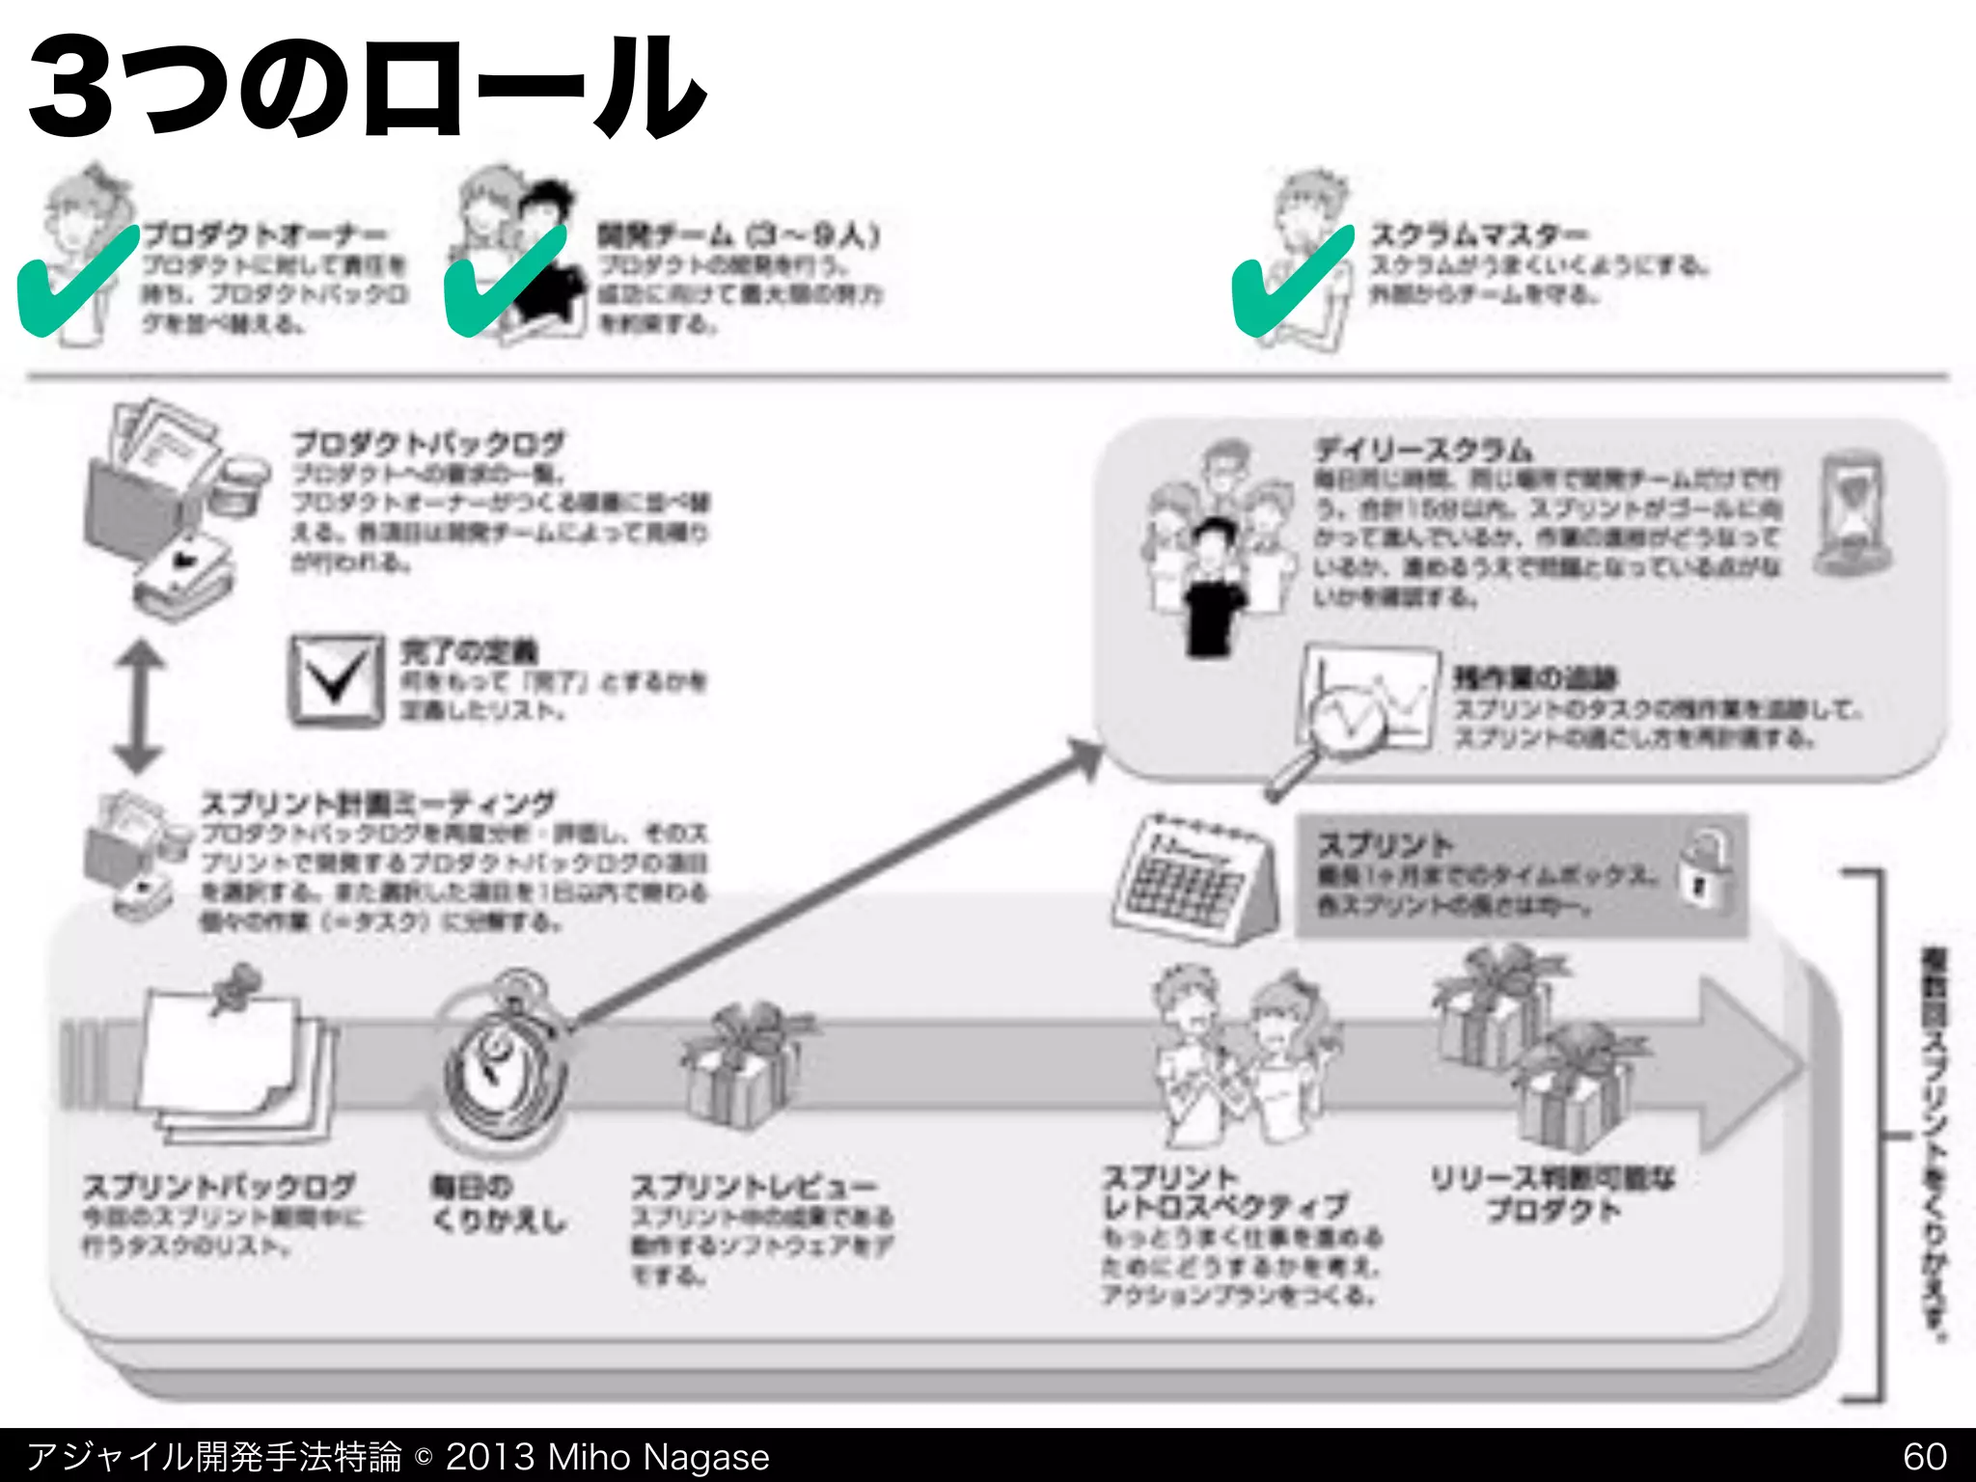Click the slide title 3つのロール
coord(367,87)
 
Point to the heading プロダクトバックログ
coord(428,444)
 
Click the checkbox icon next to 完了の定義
coord(334,679)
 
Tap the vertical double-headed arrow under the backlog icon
coord(139,707)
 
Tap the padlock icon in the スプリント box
coord(1704,868)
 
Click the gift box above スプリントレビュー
coord(743,1066)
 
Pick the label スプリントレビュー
coord(754,1186)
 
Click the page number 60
coord(1924,1456)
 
